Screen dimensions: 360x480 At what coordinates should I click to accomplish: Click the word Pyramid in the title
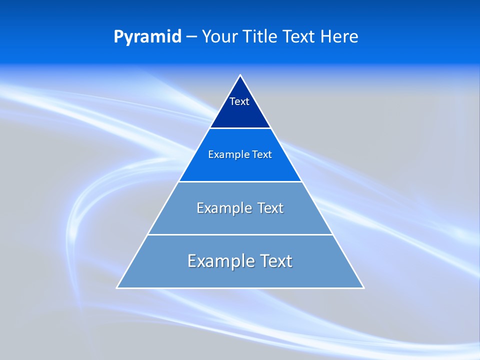point(147,37)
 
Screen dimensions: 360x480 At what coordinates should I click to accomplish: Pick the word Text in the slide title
point(299,36)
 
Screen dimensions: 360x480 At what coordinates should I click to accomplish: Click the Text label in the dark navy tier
point(239,101)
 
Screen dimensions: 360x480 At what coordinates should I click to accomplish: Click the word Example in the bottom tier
point(217,261)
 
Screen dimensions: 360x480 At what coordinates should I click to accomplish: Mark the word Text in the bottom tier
point(273,261)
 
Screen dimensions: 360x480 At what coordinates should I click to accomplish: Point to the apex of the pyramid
point(240,75)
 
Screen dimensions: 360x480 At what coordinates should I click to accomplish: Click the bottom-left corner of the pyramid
point(117,287)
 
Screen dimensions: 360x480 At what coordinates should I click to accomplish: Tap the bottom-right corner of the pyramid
point(363,287)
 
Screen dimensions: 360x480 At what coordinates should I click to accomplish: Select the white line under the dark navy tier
point(240,128)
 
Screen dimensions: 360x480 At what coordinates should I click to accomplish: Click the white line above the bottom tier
point(240,234)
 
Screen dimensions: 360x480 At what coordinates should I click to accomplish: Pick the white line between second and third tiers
point(240,181)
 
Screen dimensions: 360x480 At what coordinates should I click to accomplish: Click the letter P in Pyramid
point(118,37)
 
